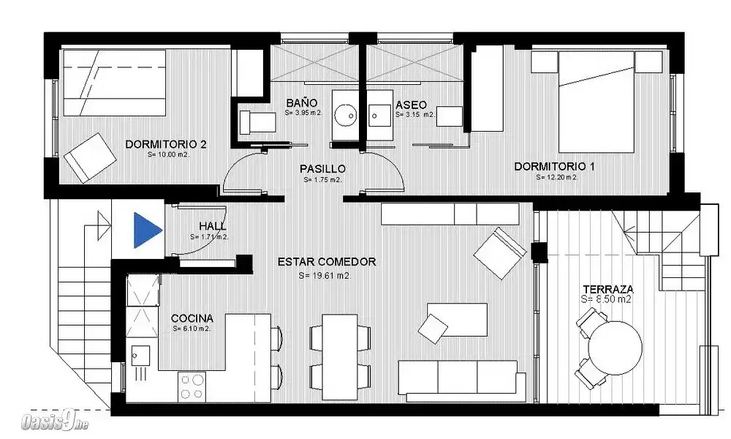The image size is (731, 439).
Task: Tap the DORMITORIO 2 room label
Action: tap(165, 145)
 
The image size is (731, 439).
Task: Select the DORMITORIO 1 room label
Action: tap(554, 167)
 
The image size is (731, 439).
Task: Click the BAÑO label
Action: tap(302, 102)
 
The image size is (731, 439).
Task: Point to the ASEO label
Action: tap(411, 105)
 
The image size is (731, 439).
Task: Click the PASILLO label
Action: tap(322, 169)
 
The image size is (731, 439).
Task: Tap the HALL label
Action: tap(213, 226)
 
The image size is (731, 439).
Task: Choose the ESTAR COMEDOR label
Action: tap(327, 262)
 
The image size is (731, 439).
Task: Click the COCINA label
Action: tap(192, 318)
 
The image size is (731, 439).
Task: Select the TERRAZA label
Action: tap(607, 289)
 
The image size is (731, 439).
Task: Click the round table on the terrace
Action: tap(615, 348)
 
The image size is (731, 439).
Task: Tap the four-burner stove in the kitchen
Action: tap(192, 387)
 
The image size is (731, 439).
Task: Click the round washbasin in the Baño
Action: tap(346, 115)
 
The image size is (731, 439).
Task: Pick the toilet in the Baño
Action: tap(257, 121)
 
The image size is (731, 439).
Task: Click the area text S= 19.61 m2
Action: tap(325, 276)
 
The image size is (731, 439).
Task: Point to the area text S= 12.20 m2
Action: tap(556, 177)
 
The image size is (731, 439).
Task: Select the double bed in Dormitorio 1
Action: tap(596, 102)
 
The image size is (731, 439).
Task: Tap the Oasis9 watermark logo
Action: tap(55, 423)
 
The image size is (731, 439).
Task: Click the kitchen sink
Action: tap(140, 356)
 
